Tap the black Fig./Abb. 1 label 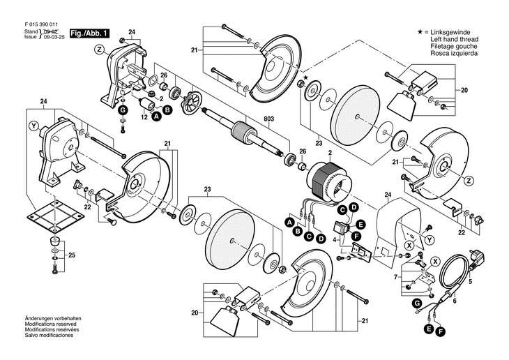click(89, 33)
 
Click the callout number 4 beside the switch click(334, 239)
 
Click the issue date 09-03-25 click(52, 37)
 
